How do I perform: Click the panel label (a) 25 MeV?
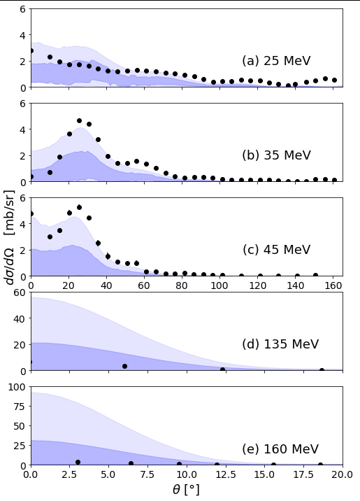[276, 60]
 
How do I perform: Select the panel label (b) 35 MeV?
[276, 155]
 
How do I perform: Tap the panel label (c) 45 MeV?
[276, 250]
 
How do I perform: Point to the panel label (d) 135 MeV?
[280, 344]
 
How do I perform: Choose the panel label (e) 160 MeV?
[280, 449]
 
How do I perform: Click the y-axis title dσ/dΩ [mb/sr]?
[10, 237]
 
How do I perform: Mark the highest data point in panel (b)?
[79, 121]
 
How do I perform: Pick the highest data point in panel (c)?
[79, 207]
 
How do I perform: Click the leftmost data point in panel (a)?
[31, 51]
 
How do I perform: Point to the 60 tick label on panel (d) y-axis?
[19, 292]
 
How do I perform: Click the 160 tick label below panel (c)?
[333, 285]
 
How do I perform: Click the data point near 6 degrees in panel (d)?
[125, 366]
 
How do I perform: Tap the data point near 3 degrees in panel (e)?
[78, 462]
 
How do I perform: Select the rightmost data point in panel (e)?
[320, 465]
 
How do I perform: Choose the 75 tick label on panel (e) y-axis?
[19, 407]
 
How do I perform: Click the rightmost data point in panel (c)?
[316, 275]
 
